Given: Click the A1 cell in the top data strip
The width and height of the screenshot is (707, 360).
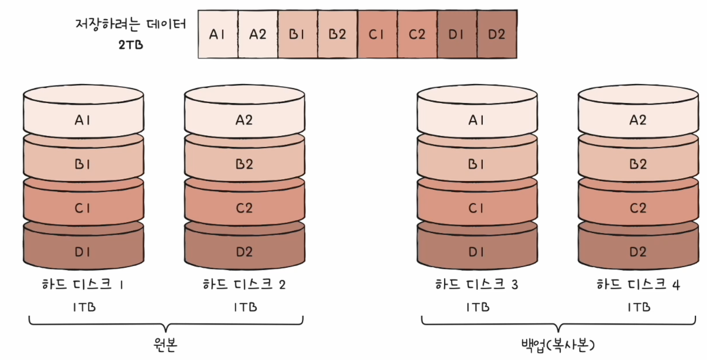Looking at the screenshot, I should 218,34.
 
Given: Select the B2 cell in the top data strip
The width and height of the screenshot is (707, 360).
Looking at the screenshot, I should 337,34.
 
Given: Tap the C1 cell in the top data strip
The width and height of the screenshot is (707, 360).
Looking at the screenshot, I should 377,34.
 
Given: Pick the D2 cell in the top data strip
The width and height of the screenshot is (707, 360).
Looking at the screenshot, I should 496,34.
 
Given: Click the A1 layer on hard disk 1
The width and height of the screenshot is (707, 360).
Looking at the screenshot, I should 83,120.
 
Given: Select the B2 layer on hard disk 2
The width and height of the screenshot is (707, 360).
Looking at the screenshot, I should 244,164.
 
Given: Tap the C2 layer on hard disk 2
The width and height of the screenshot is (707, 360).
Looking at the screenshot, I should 244,208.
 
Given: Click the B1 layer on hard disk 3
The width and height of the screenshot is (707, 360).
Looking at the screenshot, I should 477,164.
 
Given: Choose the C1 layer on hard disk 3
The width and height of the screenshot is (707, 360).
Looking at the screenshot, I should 477,208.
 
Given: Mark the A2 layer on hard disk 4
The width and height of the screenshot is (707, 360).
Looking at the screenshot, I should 638,120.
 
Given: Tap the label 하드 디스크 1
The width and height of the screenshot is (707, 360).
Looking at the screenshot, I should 83,285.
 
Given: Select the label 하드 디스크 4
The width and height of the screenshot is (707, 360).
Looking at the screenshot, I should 638,285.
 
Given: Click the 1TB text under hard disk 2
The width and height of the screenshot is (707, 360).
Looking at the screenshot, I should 245,307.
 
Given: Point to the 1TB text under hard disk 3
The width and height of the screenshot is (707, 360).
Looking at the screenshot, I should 478,307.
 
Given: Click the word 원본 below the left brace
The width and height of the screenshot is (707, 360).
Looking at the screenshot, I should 165,344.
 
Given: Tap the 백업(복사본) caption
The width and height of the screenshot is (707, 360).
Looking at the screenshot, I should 558,345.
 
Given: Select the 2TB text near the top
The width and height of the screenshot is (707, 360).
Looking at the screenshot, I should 131,45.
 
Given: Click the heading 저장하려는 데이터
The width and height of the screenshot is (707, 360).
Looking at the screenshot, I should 131,24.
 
